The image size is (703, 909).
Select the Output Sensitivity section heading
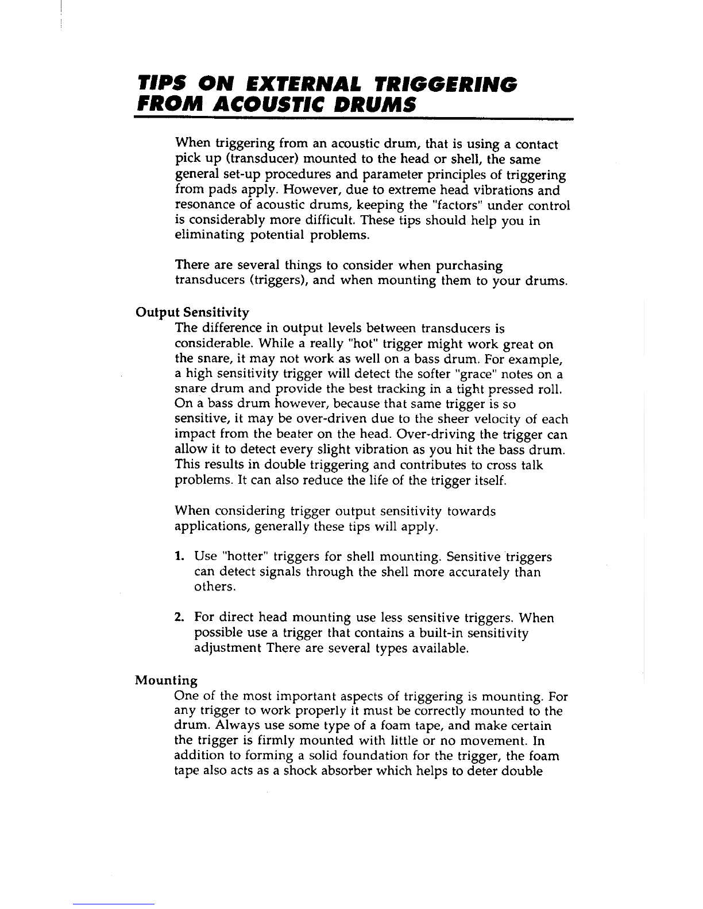click(192, 313)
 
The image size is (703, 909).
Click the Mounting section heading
click(166, 681)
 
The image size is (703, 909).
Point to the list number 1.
click(179, 557)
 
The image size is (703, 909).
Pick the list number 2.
click(179, 618)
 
